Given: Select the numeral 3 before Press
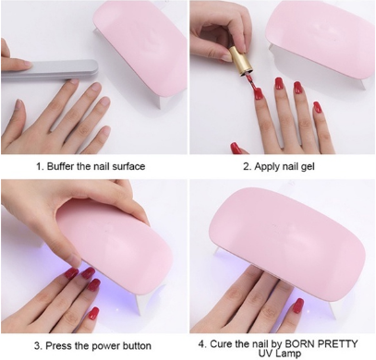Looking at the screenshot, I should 40,344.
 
